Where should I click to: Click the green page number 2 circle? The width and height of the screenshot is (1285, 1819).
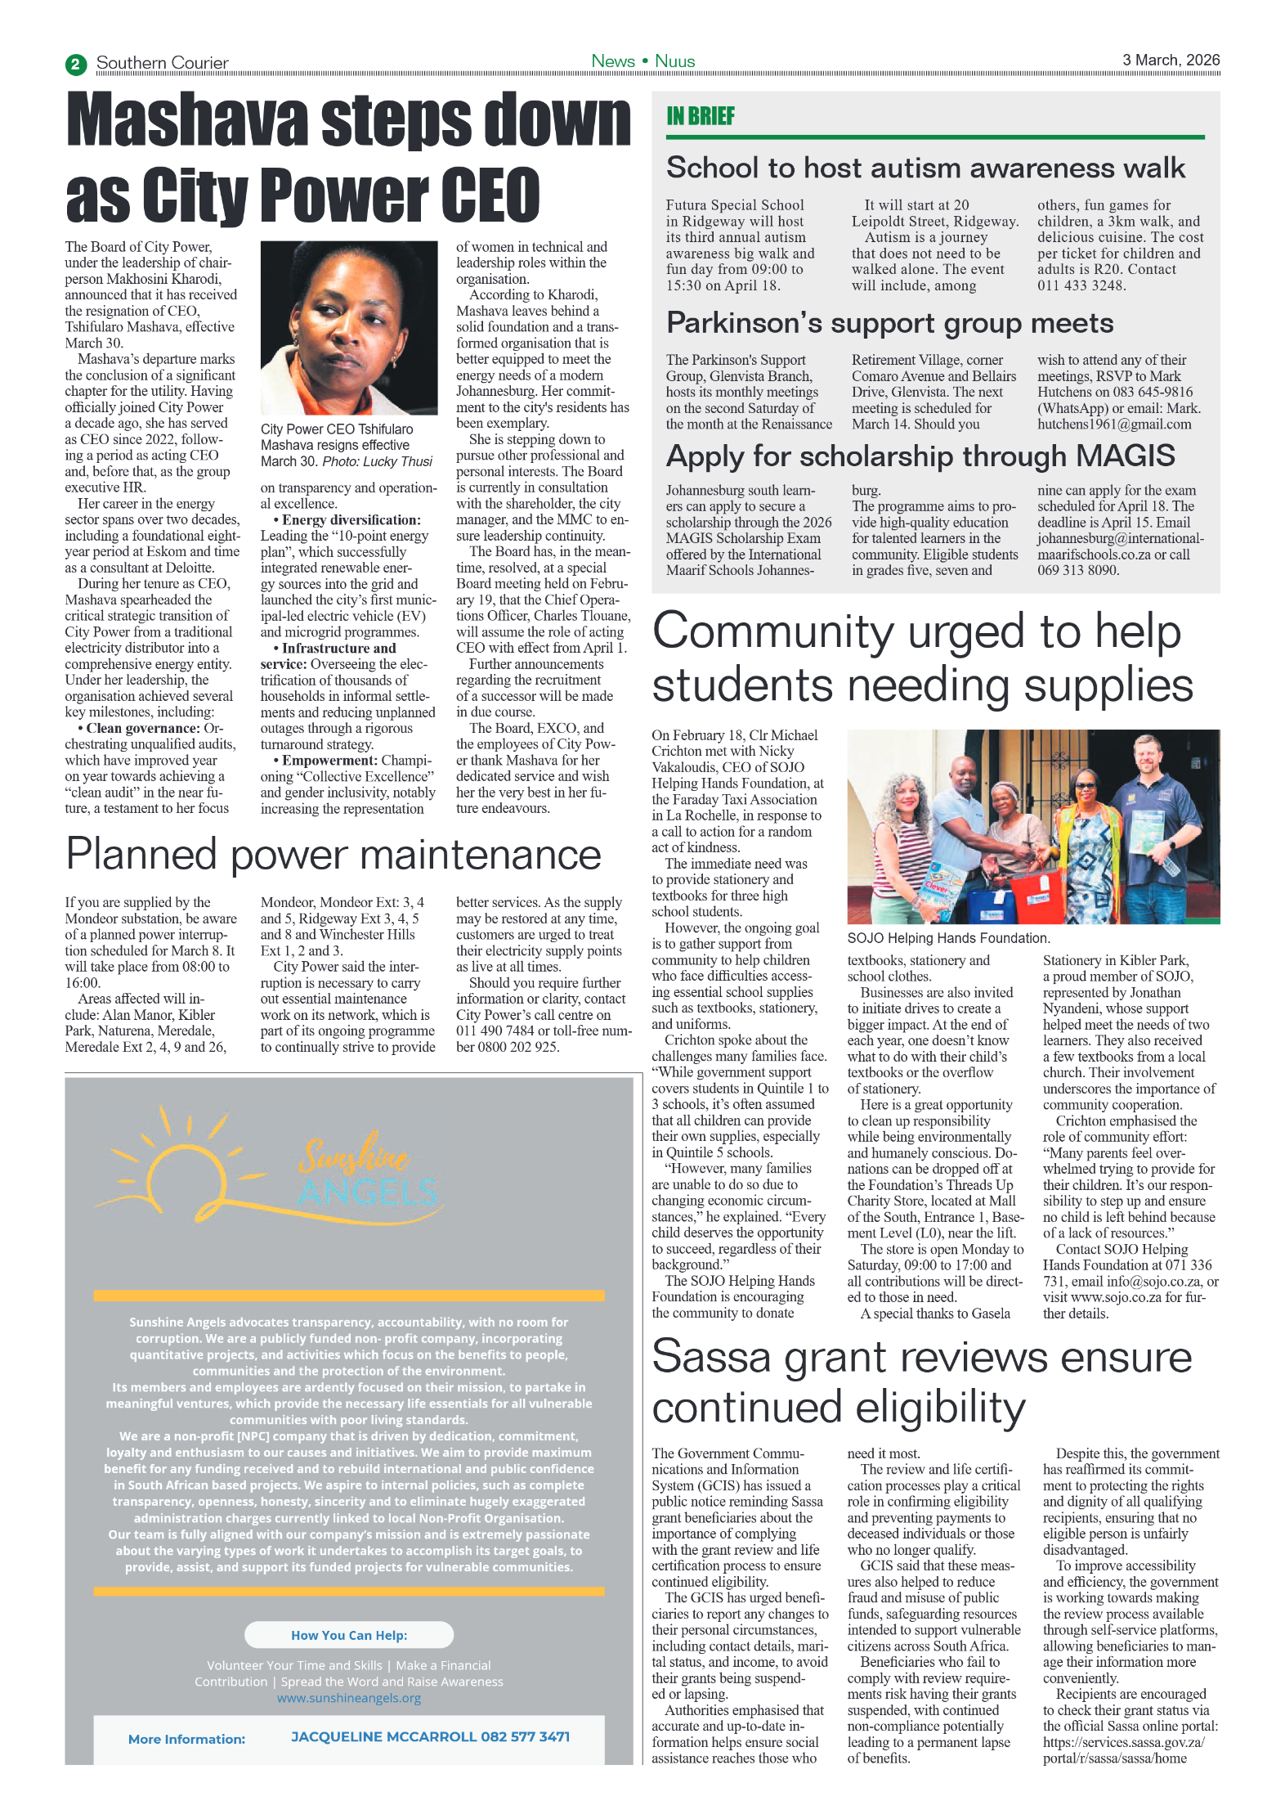tap(75, 64)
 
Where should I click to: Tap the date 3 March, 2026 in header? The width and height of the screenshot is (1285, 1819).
tap(1170, 60)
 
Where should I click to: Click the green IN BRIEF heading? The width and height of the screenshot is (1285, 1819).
tap(700, 116)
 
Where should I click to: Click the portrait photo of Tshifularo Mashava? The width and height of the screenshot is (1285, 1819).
tap(348, 327)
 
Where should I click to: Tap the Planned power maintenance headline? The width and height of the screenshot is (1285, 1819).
tap(333, 854)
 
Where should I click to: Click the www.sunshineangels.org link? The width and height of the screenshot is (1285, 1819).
tap(349, 1698)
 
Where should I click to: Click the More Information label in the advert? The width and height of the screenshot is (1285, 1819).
tap(186, 1739)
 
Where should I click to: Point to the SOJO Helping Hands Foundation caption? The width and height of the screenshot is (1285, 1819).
tap(947, 938)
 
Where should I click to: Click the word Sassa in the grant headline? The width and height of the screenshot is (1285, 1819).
tap(711, 1357)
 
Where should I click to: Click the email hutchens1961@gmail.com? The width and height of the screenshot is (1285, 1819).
tap(1113, 424)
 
